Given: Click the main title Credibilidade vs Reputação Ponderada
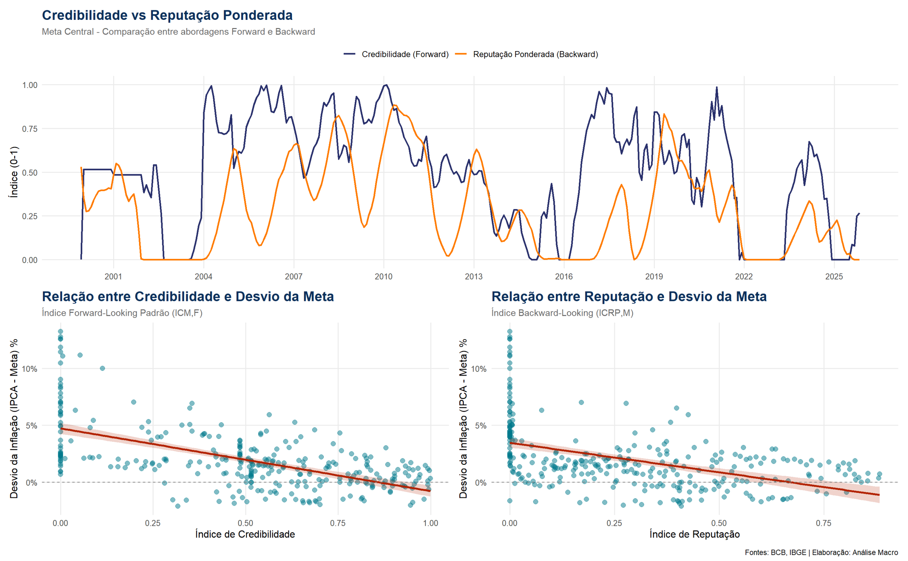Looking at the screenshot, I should (x=167, y=15).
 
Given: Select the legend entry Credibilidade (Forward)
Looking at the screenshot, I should (x=404, y=54).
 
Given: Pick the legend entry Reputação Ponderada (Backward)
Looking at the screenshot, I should (x=535, y=54).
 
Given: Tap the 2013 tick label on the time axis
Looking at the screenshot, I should (x=474, y=276).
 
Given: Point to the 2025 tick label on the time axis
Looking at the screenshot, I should (x=834, y=276).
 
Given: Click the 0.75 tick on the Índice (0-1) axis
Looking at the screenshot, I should (x=30, y=129).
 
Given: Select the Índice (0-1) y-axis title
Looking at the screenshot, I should (x=14, y=172).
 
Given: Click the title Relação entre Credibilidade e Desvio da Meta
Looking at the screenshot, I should (x=188, y=296).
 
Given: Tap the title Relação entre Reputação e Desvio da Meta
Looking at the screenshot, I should (x=629, y=296).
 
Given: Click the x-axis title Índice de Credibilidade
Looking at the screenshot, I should (x=245, y=534).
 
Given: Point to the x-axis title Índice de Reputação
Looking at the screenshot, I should (x=694, y=534).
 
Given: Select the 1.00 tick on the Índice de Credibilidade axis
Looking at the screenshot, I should (x=431, y=523).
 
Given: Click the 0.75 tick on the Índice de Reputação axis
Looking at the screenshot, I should (x=824, y=523).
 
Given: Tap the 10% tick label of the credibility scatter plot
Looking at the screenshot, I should (x=30, y=369).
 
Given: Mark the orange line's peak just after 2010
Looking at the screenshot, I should (x=394, y=105).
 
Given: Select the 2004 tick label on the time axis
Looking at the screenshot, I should (x=204, y=276).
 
